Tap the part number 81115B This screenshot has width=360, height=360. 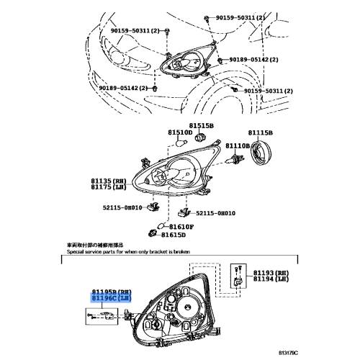261,133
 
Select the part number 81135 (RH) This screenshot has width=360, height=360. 107,181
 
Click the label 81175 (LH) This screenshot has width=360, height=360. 107,188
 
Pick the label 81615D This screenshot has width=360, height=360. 174,235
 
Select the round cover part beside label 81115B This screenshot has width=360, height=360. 263,153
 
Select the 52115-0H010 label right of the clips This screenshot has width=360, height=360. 215,213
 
